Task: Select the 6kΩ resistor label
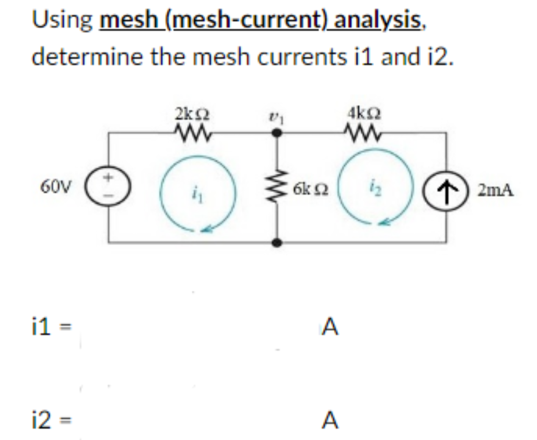310,187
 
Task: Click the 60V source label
55,185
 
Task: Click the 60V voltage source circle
109,185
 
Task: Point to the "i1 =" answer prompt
52,327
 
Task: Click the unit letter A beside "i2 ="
330,420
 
